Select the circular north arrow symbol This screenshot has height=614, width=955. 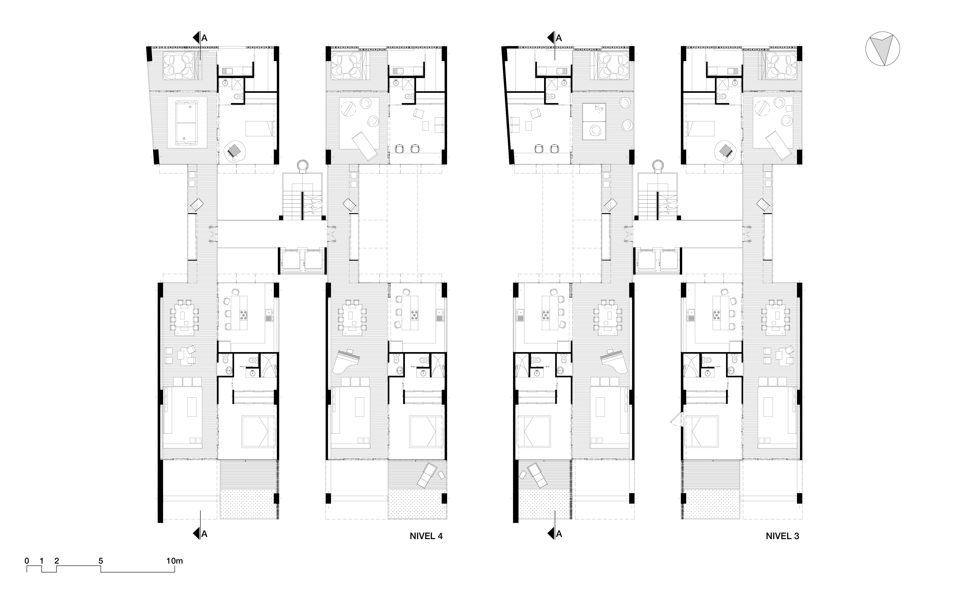click(x=882, y=49)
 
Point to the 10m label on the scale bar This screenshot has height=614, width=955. click(x=174, y=561)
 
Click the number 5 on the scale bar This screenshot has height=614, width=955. click(x=100, y=561)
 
